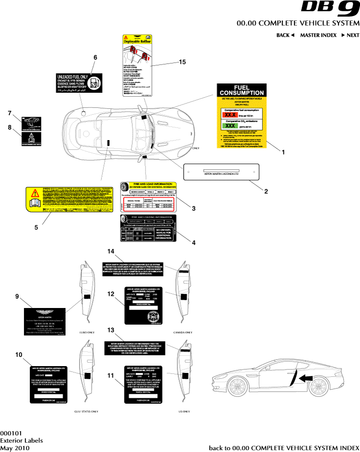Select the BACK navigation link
click(x=285, y=35)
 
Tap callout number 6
click(x=96, y=57)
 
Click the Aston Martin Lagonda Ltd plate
click(x=221, y=172)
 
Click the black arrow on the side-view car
click(x=306, y=377)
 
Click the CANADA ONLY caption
click(x=183, y=332)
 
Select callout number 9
click(x=17, y=296)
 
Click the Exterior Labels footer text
click(x=21, y=440)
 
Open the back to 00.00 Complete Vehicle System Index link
click(x=284, y=448)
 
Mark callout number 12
click(x=111, y=293)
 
